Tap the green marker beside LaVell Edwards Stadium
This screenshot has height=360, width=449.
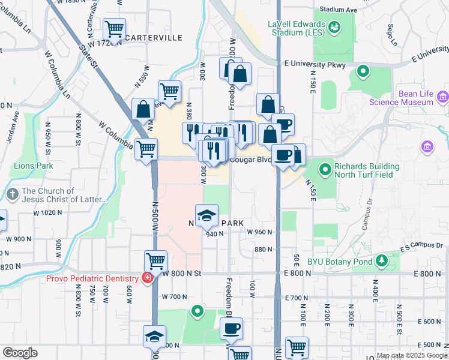(x=334, y=27)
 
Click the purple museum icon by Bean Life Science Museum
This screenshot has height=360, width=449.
(x=442, y=96)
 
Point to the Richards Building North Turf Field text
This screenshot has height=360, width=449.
(x=367, y=170)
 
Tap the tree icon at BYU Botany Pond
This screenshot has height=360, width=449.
(x=380, y=261)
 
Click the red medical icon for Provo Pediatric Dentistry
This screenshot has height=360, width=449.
(x=146, y=278)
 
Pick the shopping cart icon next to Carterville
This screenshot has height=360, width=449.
(x=114, y=28)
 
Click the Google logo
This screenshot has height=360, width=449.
(x=20, y=353)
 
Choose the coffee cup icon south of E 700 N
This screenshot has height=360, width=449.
(x=231, y=329)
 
